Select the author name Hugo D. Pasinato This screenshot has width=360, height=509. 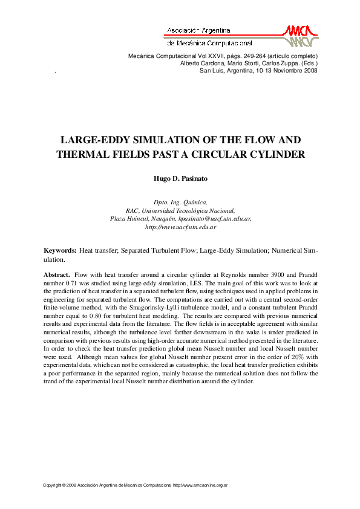(x=180, y=180)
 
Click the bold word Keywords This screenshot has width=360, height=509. (x=60, y=250)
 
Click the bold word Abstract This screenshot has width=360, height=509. (x=57, y=274)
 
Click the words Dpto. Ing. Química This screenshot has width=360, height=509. (x=180, y=201)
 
